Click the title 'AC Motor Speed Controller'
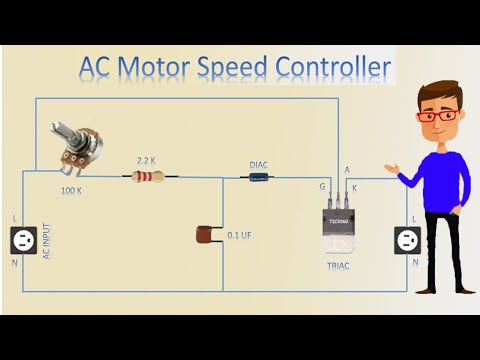(x=235, y=67)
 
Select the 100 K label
(x=71, y=189)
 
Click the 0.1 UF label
(x=239, y=235)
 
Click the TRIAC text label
(x=337, y=269)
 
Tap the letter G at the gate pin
(x=321, y=185)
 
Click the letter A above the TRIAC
(x=347, y=170)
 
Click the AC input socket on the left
(x=23, y=239)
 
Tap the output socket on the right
(x=407, y=239)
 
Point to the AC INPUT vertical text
(x=46, y=241)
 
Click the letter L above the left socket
(x=13, y=218)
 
